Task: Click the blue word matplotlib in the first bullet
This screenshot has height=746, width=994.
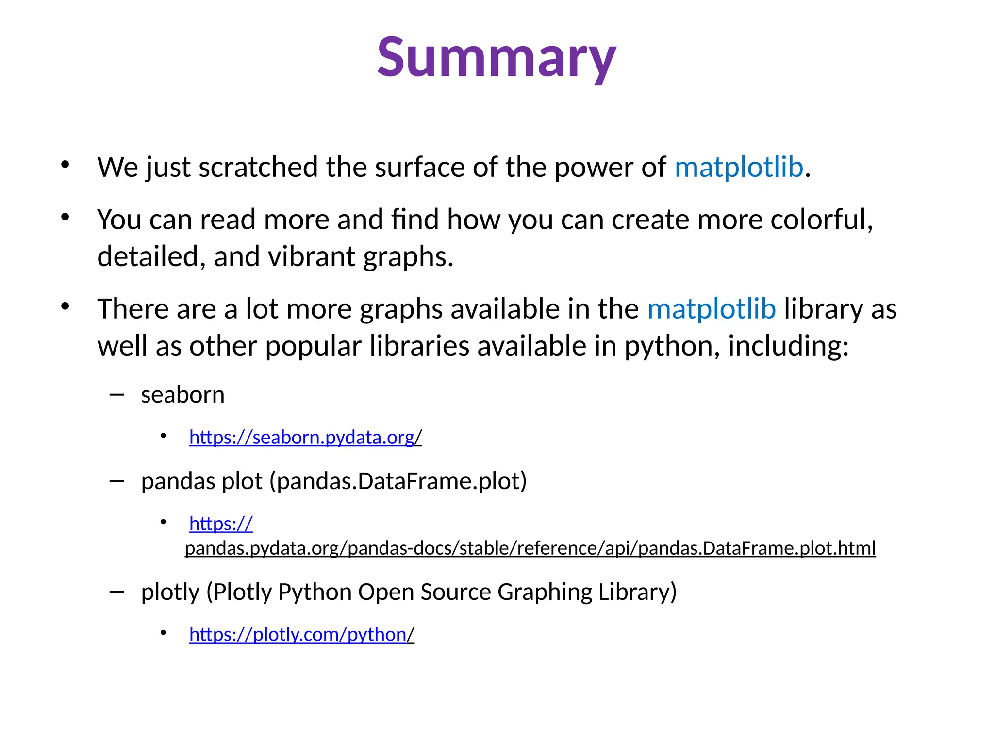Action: (739, 168)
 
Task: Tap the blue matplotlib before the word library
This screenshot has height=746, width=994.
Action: (712, 309)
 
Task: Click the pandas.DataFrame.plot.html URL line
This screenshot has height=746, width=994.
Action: (530, 548)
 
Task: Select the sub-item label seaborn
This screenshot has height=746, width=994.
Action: (183, 395)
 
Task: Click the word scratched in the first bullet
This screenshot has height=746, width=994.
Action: (258, 168)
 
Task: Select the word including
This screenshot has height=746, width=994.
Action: (788, 347)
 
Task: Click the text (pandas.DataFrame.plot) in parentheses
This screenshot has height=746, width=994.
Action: (398, 481)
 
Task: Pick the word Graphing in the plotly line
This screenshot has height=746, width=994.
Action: (545, 592)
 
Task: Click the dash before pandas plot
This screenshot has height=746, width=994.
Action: (116, 481)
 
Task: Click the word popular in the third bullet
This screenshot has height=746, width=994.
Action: (313, 347)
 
